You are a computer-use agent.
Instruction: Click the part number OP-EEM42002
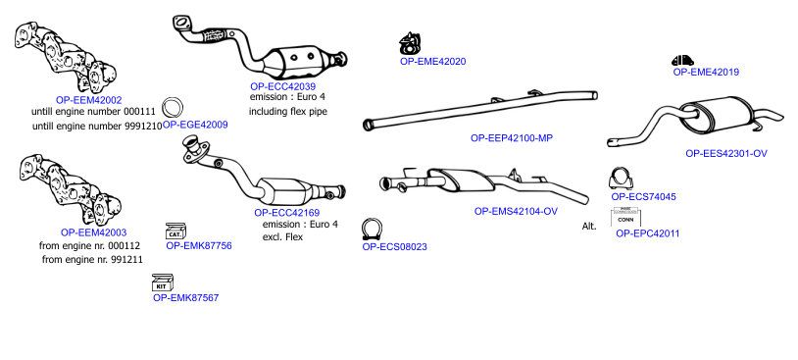(88, 100)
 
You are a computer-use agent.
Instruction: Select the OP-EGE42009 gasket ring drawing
(173, 108)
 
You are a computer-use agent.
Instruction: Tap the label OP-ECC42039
(282, 86)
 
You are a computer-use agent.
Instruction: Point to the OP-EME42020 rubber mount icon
(409, 44)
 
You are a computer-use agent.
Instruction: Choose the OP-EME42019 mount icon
(682, 60)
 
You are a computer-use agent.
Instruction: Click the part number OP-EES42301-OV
(726, 153)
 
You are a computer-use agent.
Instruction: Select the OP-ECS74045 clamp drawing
(621, 179)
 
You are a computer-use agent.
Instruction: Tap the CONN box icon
(625, 217)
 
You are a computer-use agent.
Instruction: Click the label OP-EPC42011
(647, 233)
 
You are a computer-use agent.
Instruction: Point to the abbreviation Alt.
(589, 226)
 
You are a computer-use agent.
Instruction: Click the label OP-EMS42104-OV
(516, 211)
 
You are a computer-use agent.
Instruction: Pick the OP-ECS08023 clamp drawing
(373, 230)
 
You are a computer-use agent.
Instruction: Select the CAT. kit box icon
(176, 231)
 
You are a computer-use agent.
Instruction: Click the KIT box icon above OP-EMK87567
(163, 283)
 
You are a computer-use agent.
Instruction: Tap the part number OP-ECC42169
(287, 212)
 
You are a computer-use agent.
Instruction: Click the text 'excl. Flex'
(282, 236)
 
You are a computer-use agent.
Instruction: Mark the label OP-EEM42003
(94, 232)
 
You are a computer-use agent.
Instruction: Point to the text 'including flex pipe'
(288, 111)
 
